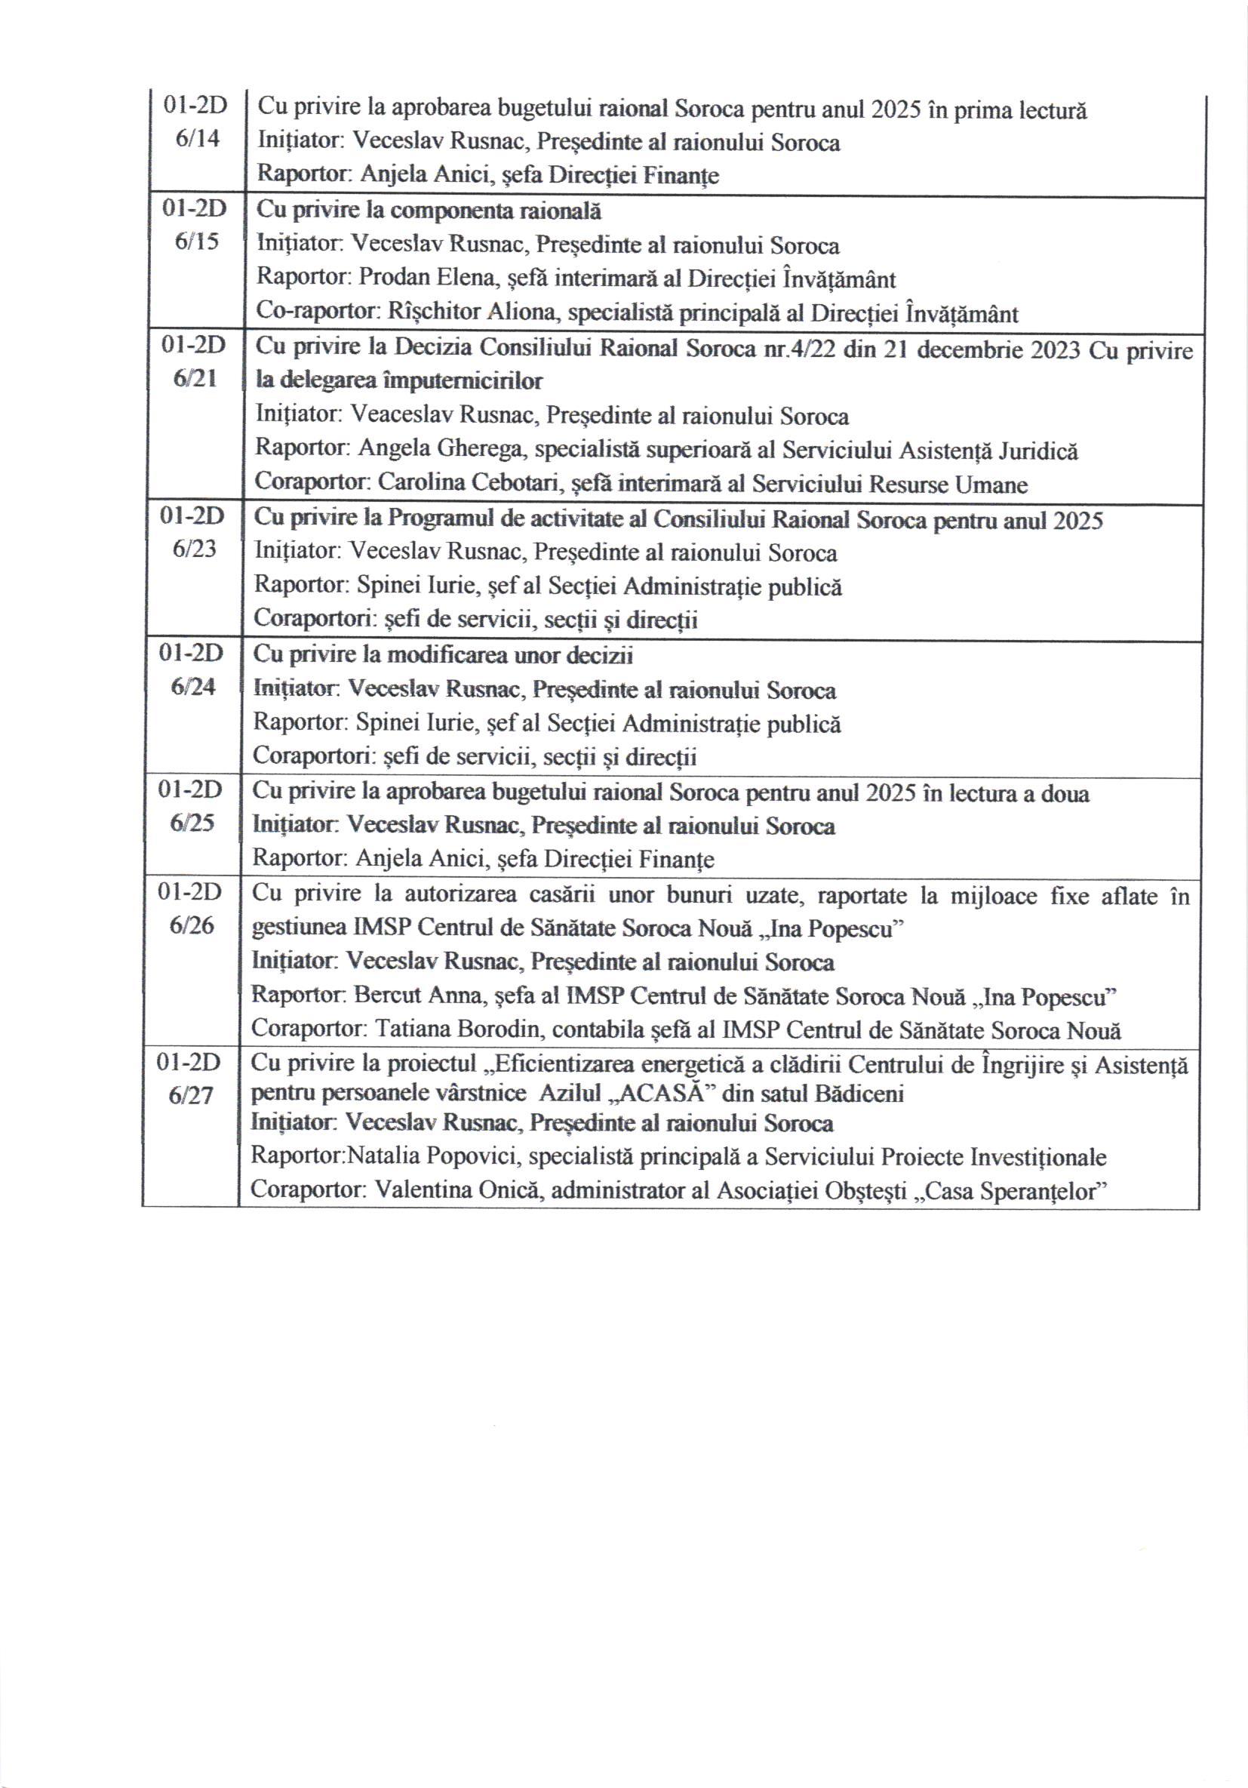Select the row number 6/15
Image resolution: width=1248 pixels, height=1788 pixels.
[x=197, y=242]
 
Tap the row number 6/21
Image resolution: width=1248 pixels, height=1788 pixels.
[x=195, y=378]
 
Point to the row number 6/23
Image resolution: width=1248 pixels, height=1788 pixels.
[x=195, y=549]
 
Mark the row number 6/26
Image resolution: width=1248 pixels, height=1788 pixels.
[x=192, y=925]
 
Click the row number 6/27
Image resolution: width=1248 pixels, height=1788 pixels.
[x=191, y=1096]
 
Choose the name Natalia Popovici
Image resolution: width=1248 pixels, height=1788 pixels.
[x=433, y=1157]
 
